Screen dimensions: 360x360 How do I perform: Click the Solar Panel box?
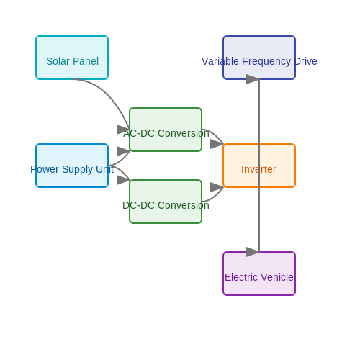click(x=72, y=58)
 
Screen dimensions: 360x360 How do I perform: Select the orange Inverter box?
click(x=259, y=166)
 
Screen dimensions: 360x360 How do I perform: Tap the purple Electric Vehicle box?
click(x=259, y=274)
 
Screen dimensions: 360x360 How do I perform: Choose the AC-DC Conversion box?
click(x=166, y=130)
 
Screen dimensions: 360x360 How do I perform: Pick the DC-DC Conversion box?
click(x=166, y=202)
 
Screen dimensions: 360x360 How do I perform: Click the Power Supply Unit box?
click(x=72, y=166)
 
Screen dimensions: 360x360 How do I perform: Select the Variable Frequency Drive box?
click(x=259, y=58)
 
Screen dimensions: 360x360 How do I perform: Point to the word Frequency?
click(x=266, y=62)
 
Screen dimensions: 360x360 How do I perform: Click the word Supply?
click(x=78, y=170)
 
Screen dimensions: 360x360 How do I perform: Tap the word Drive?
click(x=305, y=61)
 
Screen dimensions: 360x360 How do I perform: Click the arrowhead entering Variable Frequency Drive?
click(x=253, y=79)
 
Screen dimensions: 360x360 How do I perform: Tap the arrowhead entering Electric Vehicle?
click(x=253, y=252)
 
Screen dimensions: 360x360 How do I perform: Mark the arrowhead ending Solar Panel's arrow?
click(x=123, y=130)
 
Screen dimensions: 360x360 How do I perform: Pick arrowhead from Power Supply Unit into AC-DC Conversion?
click(x=123, y=151)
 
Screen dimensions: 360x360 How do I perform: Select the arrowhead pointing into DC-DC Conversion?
click(x=123, y=180)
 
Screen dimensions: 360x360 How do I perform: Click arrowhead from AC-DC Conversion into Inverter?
click(x=217, y=144)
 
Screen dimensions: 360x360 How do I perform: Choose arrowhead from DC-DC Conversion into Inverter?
click(x=217, y=187)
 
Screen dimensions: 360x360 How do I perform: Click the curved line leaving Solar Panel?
click(x=109, y=94)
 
